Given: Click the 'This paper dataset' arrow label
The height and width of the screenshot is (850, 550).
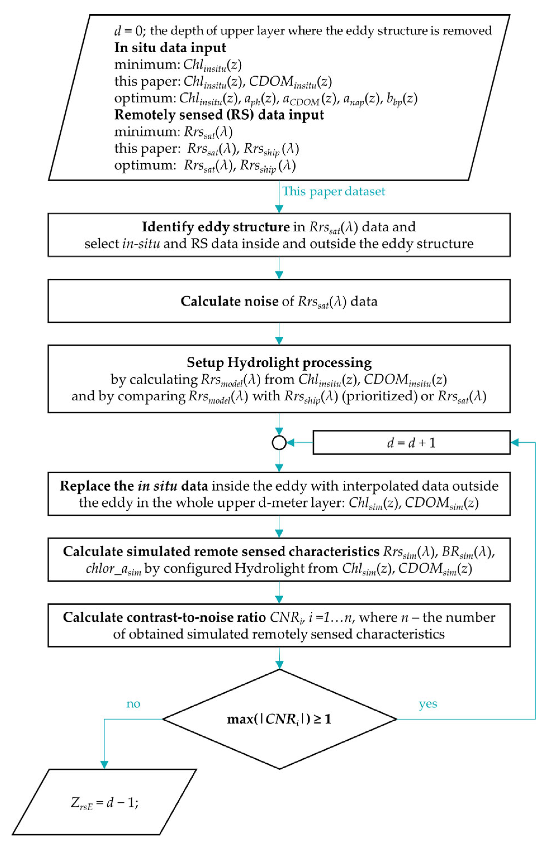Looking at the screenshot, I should [x=334, y=192].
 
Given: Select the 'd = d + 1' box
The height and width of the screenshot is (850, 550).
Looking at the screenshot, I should [x=411, y=443].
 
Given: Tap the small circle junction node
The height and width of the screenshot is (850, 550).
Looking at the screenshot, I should [x=279, y=443].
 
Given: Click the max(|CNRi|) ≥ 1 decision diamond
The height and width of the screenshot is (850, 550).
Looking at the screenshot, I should [x=279, y=719].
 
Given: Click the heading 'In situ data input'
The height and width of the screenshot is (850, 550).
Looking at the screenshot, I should [x=170, y=48].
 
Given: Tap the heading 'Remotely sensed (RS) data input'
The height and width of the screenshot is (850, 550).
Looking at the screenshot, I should [x=219, y=115].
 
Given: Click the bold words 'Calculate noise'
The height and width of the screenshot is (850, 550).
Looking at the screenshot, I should [x=229, y=301].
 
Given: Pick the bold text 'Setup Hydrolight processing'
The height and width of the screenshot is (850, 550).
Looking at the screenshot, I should [x=279, y=362].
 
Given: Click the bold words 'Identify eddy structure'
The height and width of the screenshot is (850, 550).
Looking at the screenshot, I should [x=216, y=227].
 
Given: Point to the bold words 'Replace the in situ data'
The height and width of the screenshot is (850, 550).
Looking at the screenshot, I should [x=134, y=486].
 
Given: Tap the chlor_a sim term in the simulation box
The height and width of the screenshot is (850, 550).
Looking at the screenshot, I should [x=114, y=568].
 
